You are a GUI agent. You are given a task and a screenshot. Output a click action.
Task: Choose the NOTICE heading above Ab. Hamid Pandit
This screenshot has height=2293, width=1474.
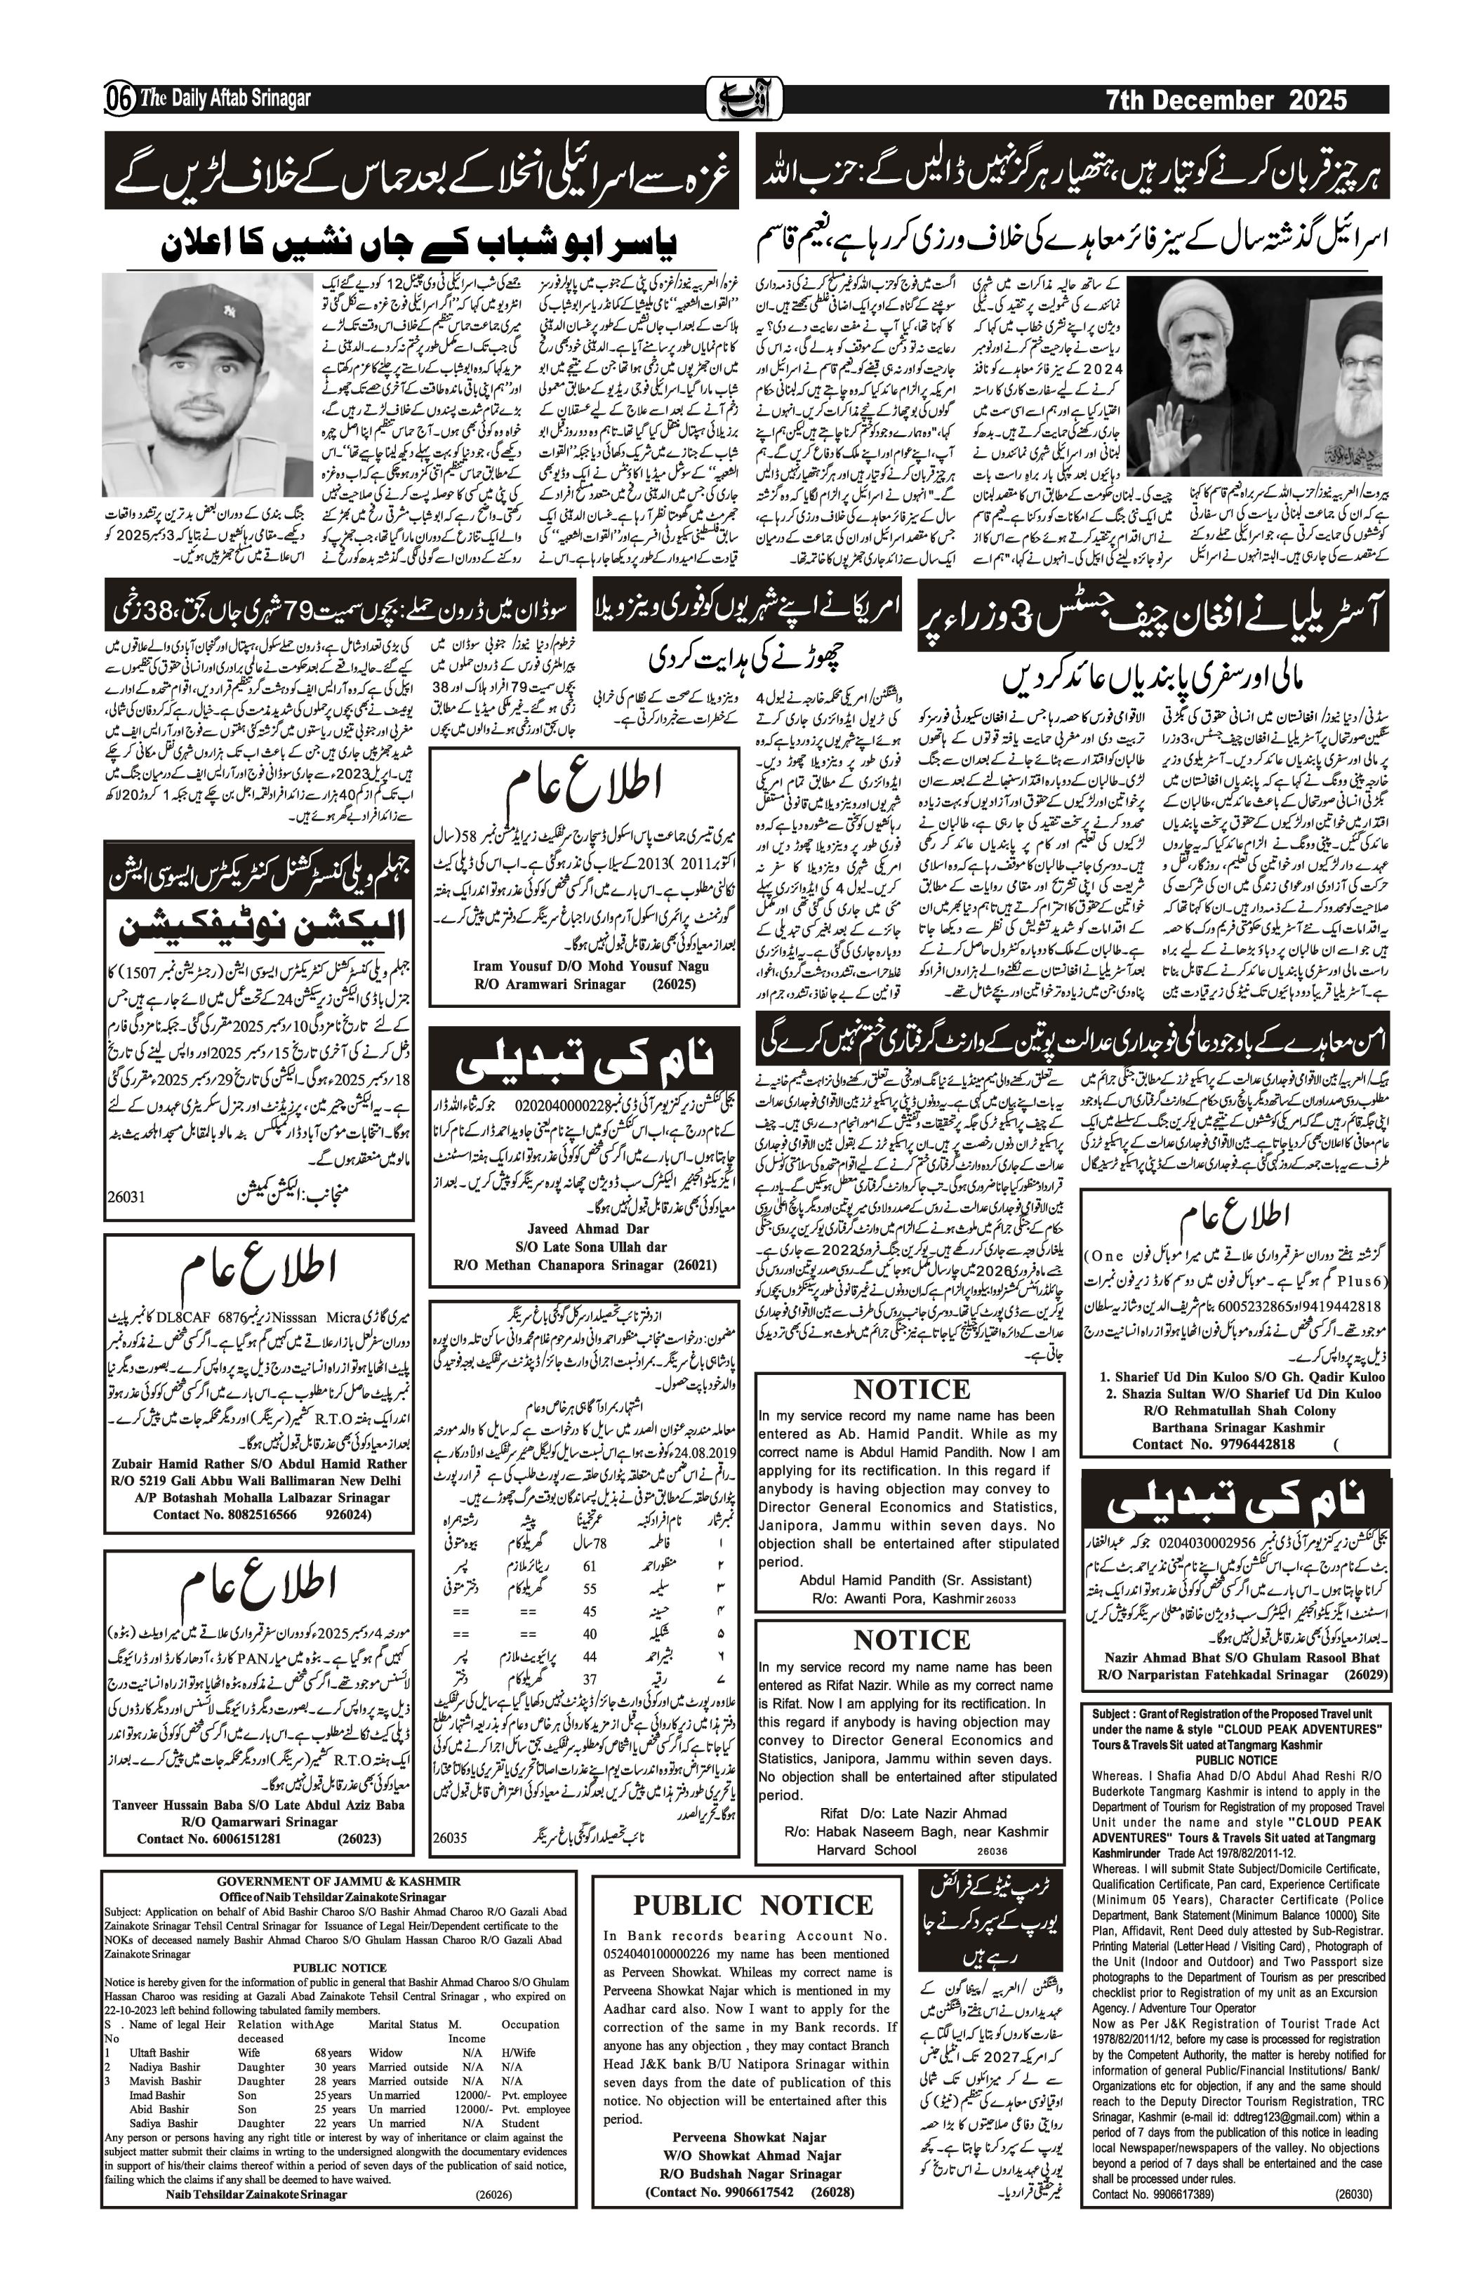910,1390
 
